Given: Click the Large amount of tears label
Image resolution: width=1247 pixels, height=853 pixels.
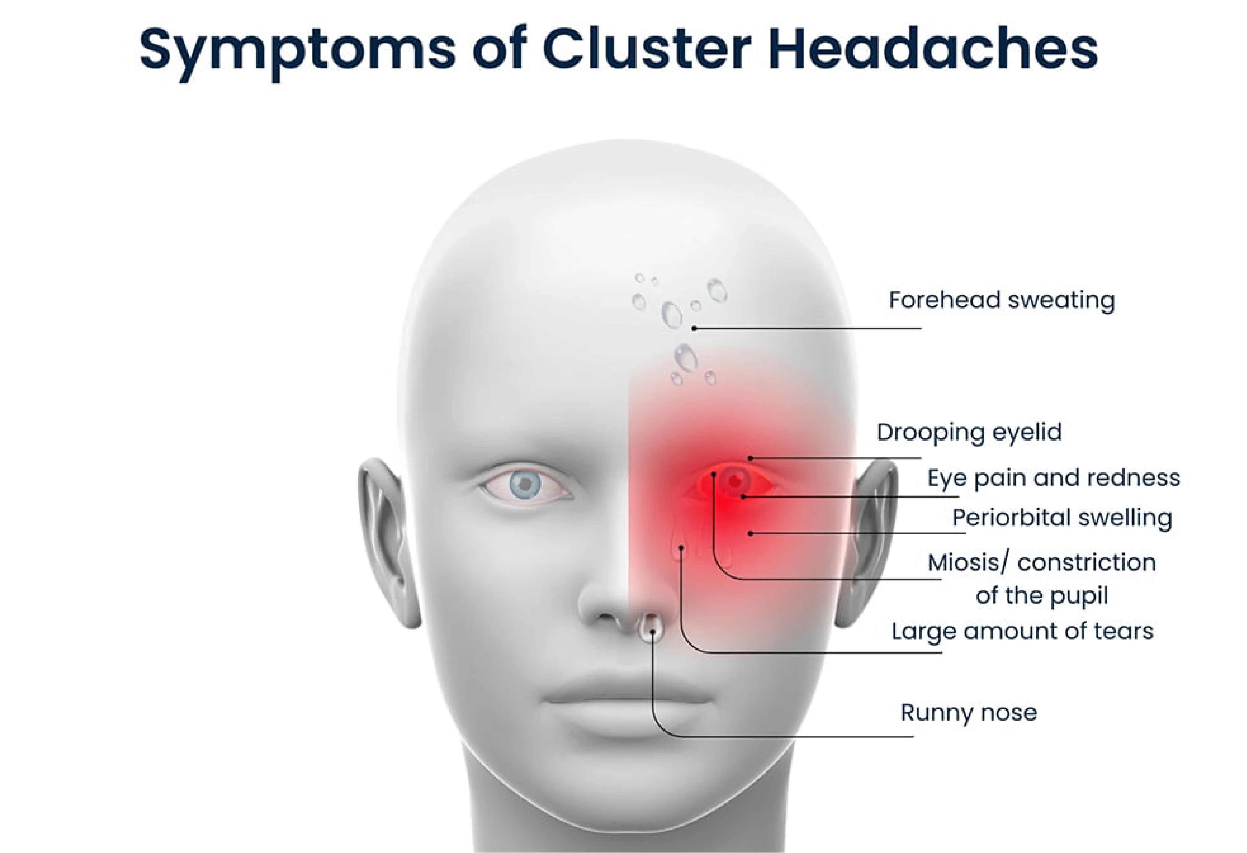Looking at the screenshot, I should (1022, 631).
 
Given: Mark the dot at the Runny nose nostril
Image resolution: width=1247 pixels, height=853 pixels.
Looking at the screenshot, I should (652, 631).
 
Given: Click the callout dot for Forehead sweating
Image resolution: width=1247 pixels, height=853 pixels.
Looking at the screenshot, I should (694, 328).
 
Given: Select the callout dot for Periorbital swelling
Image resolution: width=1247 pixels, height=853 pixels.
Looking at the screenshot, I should (751, 533).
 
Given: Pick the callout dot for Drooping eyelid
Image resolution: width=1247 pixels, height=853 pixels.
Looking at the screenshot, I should (751, 458).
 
